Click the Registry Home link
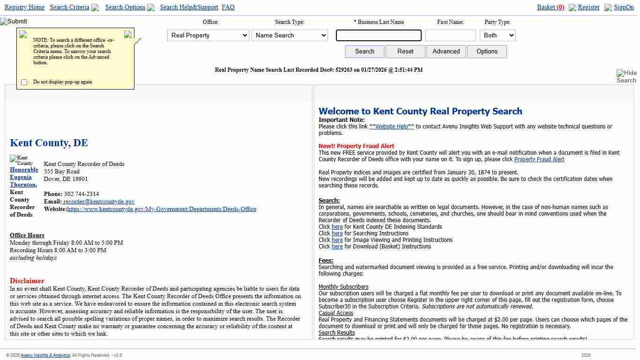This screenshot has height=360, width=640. click(x=24, y=7)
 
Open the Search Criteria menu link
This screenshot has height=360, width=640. click(x=69, y=7)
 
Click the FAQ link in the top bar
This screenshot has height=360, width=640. click(x=228, y=7)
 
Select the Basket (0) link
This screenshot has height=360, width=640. click(x=551, y=7)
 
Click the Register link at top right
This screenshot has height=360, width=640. click(x=588, y=7)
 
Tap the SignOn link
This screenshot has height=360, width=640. click(x=624, y=7)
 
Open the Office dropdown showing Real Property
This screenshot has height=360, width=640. click(x=208, y=35)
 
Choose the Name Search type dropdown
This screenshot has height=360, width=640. click(x=290, y=35)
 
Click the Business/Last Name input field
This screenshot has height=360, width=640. click(x=379, y=36)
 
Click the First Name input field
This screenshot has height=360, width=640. click(x=450, y=36)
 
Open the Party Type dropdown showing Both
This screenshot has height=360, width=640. click(x=497, y=35)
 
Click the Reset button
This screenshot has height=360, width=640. click(x=405, y=52)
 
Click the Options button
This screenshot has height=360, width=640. click(x=487, y=52)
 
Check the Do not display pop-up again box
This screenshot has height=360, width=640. click(x=24, y=82)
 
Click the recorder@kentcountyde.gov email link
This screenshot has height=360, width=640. click(x=99, y=202)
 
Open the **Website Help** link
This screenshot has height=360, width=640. click(x=392, y=127)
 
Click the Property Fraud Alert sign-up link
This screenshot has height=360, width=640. click(x=539, y=159)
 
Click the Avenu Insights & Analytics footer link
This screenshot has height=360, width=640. click(x=52, y=355)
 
